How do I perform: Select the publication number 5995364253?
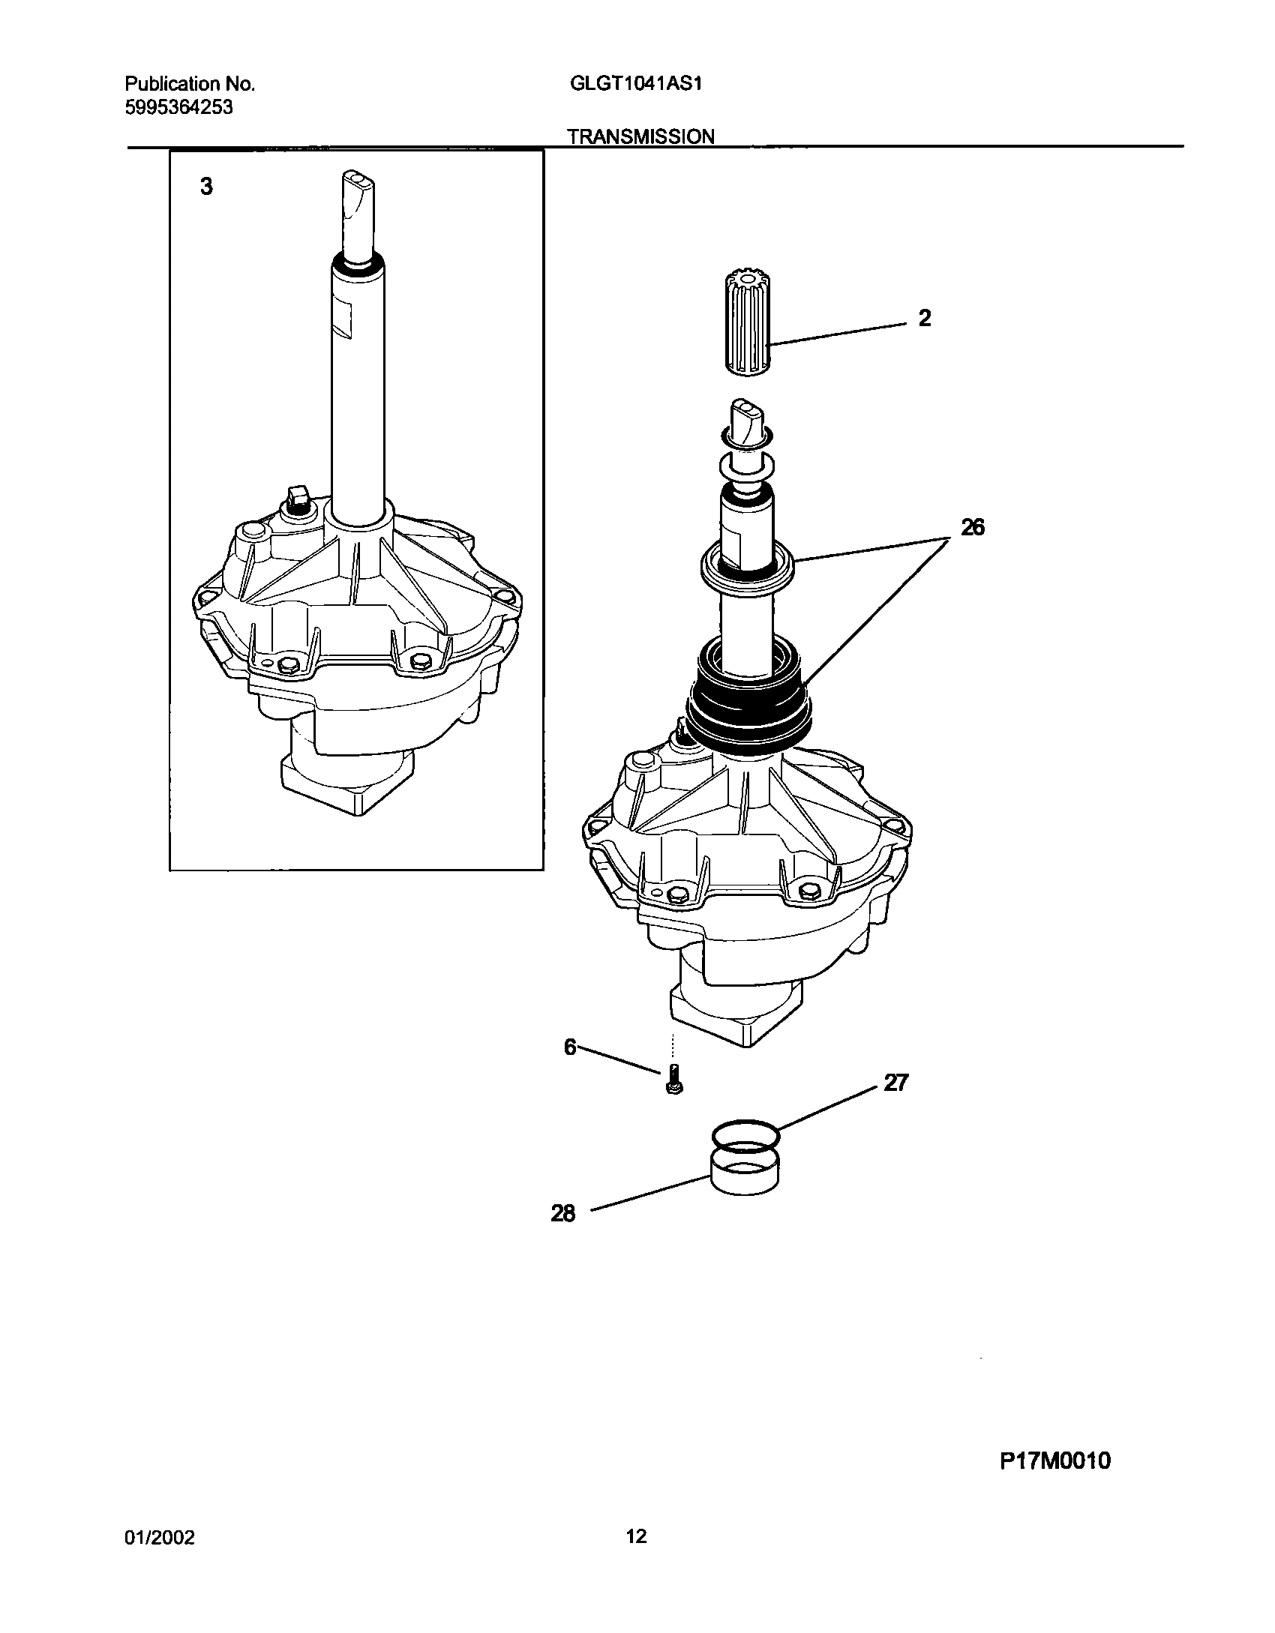pyautogui.click(x=178, y=107)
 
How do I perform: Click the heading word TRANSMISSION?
pyautogui.click(x=640, y=136)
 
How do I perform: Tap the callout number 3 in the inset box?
pyautogui.click(x=206, y=187)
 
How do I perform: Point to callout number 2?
pyautogui.click(x=925, y=319)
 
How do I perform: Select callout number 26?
pyautogui.click(x=973, y=528)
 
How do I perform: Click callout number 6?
pyautogui.click(x=570, y=1047)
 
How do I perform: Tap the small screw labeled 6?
pyautogui.click(x=673, y=1080)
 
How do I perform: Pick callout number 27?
pyautogui.click(x=895, y=1083)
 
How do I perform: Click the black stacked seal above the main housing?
pyautogui.click(x=749, y=705)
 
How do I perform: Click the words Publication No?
pyautogui.click(x=190, y=84)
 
